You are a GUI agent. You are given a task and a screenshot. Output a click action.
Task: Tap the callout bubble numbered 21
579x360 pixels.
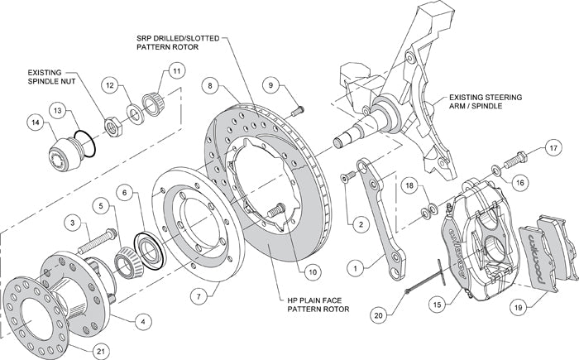(x=100, y=352)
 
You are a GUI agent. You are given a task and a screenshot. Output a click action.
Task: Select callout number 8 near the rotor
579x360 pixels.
(x=212, y=84)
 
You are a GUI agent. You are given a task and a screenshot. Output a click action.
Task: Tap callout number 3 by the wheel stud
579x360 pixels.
(x=73, y=223)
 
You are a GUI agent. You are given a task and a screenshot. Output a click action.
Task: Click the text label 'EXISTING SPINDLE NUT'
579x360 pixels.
(x=50, y=78)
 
